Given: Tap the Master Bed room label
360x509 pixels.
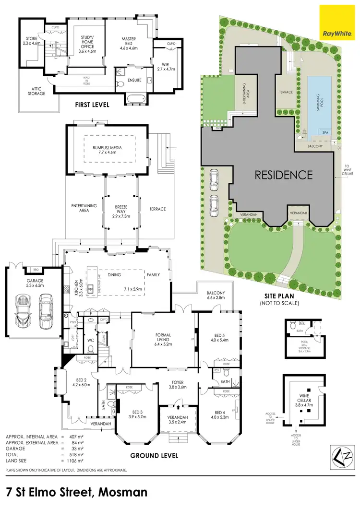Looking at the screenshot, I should (x=128, y=46).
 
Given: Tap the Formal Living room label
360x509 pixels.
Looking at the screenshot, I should (x=164, y=338).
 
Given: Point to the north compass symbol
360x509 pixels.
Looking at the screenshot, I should (x=340, y=453).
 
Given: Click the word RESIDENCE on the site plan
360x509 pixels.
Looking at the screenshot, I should (x=283, y=175).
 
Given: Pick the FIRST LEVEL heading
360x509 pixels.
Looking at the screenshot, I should (x=92, y=104).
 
